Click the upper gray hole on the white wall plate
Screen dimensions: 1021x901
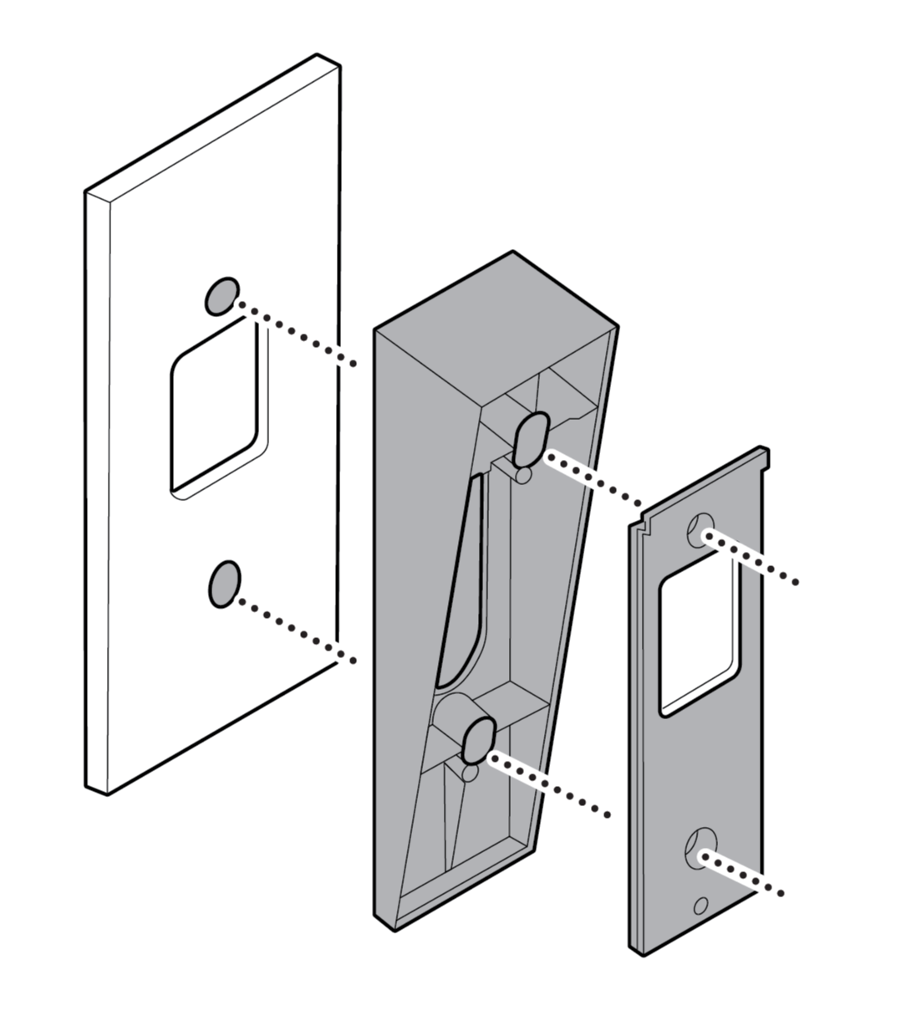pos(221,295)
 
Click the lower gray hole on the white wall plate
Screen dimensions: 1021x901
pos(222,583)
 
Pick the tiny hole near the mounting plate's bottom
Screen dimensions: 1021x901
pos(700,906)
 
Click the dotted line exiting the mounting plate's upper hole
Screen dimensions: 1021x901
pos(756,559)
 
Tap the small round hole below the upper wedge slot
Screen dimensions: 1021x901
pos(523,475)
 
